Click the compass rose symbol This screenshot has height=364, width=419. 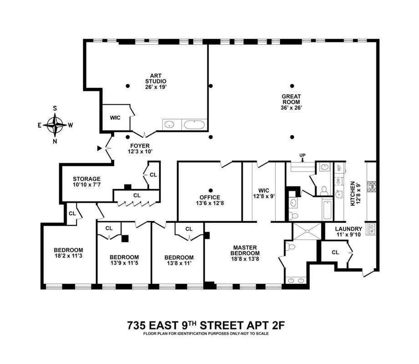[x=56, y=124]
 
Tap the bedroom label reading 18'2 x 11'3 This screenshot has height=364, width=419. [x=68, y=253]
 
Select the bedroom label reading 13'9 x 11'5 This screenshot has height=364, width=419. [x=123, y=260]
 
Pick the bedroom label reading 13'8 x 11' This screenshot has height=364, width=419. [x=179, y=260]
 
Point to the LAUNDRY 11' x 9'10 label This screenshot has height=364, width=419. [x=348, y=232]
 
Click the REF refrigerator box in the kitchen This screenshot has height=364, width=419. [x=338, y=167]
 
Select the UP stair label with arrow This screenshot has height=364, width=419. [x=303, y=157]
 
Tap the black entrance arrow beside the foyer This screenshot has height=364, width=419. [x=100, y=148]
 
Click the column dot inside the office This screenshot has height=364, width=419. [x=210, y=190]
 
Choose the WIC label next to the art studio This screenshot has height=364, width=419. [x=115, y=118]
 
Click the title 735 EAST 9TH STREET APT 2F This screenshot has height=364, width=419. [x=207, y=325]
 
